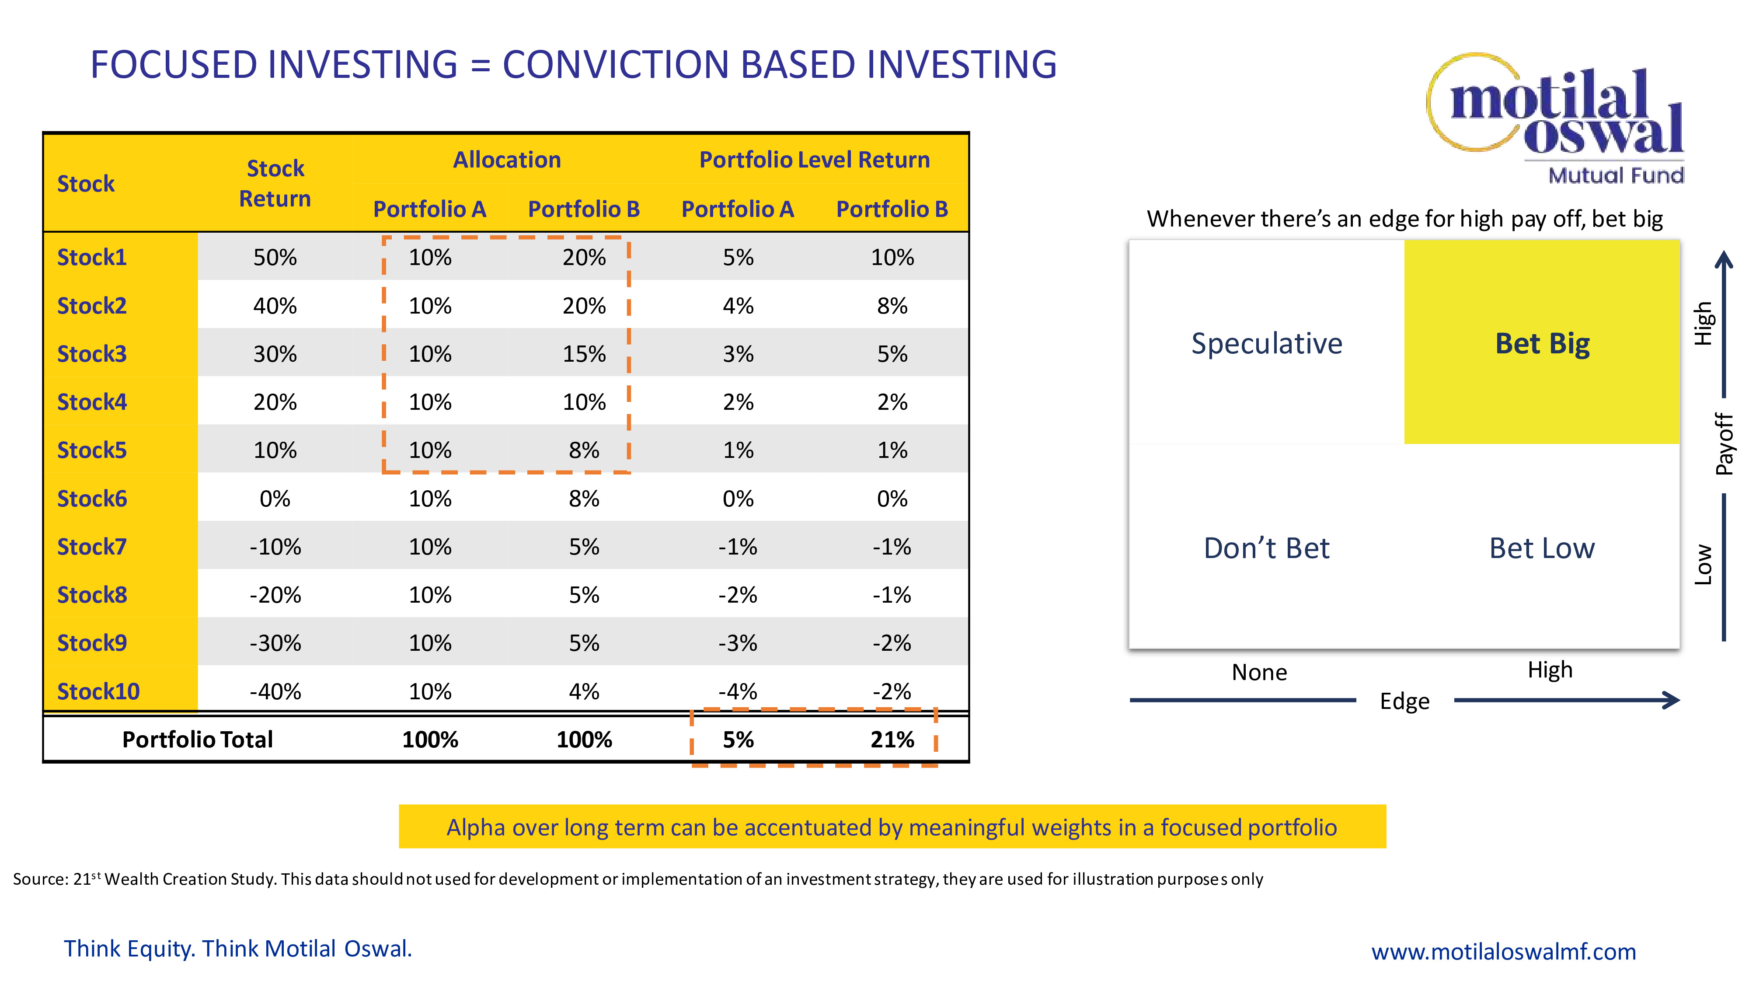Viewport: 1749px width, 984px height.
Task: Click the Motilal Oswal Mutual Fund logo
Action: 1555,119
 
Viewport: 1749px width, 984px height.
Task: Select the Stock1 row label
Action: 92,258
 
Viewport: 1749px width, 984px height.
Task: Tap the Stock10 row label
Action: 98,691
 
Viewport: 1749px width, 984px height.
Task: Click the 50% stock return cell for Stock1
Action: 275,258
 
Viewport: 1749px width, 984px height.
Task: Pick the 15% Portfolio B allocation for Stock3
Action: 584,354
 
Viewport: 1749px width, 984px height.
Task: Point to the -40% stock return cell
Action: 275,691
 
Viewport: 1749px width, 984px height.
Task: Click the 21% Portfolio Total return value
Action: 892,740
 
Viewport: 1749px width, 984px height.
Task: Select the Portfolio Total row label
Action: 198,740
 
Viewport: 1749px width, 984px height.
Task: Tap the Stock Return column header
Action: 275,183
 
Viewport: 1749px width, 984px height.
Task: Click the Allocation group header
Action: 507,160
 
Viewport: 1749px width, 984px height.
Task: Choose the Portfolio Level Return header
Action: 815,160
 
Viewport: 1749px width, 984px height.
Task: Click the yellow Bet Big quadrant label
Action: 1543,344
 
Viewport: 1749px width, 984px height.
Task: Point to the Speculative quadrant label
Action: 1267,344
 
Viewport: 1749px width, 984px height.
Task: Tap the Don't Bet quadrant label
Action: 1267,548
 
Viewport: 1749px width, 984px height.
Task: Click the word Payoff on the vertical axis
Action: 1725,444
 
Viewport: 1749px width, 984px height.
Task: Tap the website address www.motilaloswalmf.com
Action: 1504,951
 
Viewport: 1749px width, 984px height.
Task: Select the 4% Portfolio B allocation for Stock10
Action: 584,691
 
